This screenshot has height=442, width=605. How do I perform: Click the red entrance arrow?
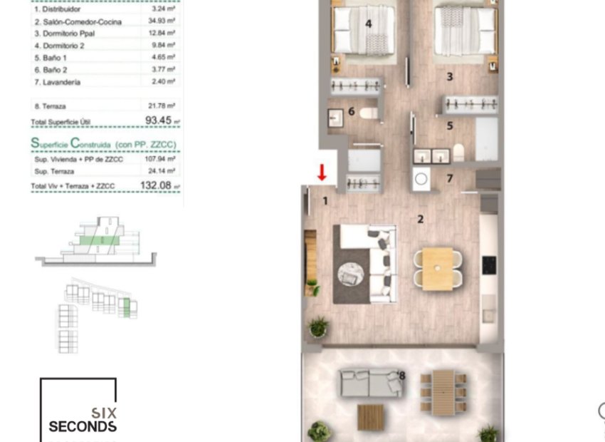[x=322, y=173]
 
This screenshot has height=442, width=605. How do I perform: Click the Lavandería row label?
[x=57, y=83]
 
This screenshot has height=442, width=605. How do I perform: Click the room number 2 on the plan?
[x=421, y=219]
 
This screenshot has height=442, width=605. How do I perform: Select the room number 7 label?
[x=449, y=178]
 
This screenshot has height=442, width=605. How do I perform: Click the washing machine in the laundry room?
[x=421, y=179]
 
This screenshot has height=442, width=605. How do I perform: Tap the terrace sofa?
[x=370, y=383]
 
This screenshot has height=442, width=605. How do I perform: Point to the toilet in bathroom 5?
[x=459, y=152]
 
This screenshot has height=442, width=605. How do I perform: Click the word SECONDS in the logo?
[x=83, y=426]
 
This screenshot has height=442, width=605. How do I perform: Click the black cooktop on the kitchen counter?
[x=490, y=264]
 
